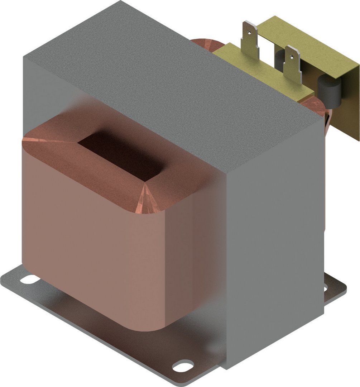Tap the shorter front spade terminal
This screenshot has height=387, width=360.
[x=292, y=64]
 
